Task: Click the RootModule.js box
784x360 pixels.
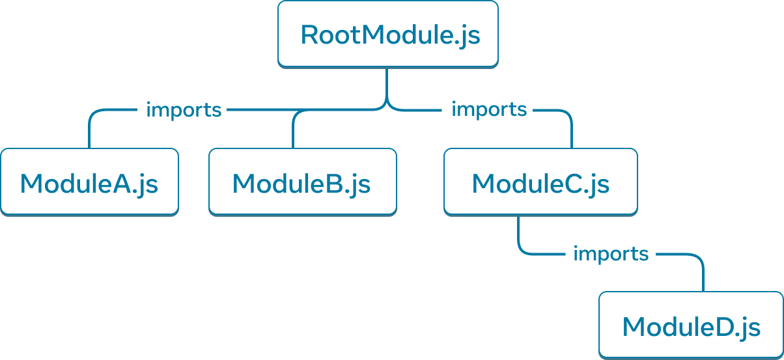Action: (x=388, y=34)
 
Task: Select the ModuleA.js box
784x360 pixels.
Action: (x=89, y=182)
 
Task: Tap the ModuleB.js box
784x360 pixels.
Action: (x=302, y=182)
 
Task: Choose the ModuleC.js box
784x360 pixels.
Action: (x=540, y=182)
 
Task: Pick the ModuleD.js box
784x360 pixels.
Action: (x=691, y=325)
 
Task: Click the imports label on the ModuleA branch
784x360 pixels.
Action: (x=184, y=110)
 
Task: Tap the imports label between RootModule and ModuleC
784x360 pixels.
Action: (x=488, y=110)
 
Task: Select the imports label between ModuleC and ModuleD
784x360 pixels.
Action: (x=610, y=253)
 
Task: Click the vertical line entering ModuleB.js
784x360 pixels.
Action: (x=293, y=133)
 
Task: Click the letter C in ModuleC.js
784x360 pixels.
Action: (x=568, y=184)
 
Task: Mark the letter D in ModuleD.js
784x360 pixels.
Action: (x=718, y=327)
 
